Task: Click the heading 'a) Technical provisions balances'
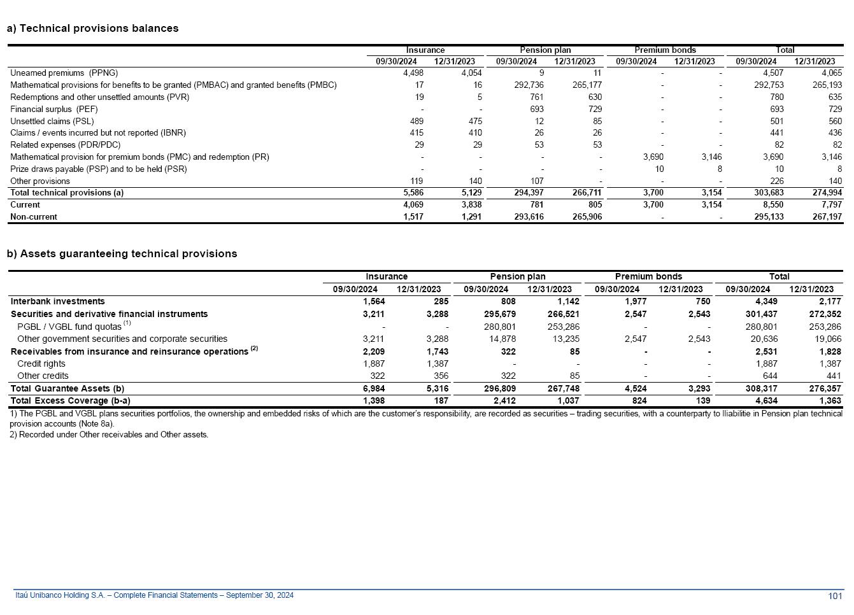coord(92,28)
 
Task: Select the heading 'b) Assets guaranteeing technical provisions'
coord(122,253)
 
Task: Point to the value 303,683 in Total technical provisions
coord(768,192)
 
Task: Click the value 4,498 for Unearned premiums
coord(413,73)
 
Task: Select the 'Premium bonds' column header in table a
coord(665,50)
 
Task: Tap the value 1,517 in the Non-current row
coord(413,216)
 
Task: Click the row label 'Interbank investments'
coord(58,301)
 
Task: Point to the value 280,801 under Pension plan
coord(500,327)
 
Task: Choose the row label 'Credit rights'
coord(41,364)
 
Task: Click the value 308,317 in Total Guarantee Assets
coord(761,388)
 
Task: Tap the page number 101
coord(835,596)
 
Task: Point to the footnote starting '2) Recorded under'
coord(109,434)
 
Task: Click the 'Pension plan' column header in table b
coord(517,276)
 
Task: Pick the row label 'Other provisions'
coord(40,181)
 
